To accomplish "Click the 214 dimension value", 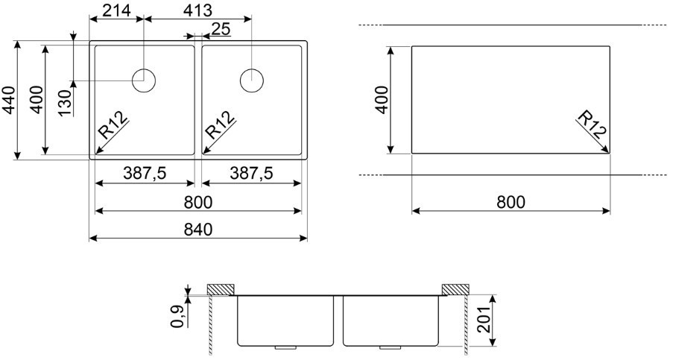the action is tap(117, 10).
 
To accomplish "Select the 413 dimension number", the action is tap(197, 10).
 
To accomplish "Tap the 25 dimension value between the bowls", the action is tap(221, 29).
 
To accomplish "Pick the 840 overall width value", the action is tap(198, 230).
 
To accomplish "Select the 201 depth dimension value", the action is tap(483, 320).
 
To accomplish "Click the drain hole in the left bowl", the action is tap(144, 80).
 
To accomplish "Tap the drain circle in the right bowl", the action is tap(251, 80).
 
